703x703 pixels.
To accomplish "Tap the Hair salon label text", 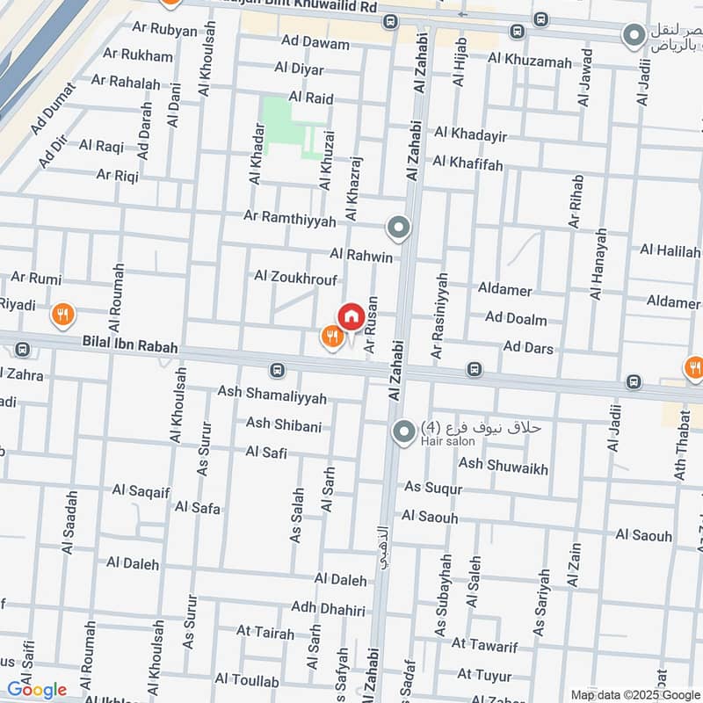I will [x=443, y=442].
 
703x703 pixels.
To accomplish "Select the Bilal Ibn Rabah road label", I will [x=130, y=347].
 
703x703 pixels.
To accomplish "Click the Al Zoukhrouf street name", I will [x=295, y=276].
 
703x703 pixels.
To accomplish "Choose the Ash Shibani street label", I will [x=283, y=424].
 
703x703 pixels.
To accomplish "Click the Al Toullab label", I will [x=246, y=681].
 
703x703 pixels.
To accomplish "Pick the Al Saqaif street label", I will [x=141, y=490].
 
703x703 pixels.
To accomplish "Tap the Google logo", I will [x=35, y=690].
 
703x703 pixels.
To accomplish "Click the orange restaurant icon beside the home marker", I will [x=331, y=337].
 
